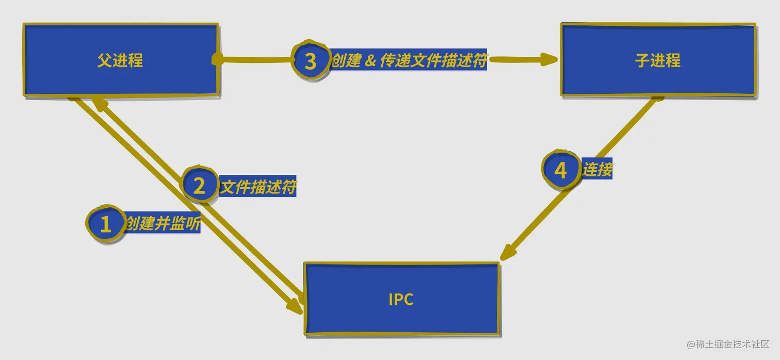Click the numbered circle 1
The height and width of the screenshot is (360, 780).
click(105, 224)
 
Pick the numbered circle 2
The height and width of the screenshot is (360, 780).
click(199, 186)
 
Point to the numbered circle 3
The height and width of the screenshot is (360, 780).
click(310, 61)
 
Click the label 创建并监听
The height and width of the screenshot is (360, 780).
click(163, 224)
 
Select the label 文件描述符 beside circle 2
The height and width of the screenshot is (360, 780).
click(258, 186)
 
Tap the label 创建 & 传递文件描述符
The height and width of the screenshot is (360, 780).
click(409, 61)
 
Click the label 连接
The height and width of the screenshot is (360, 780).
click(597, 169)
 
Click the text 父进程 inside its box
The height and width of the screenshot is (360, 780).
click(120, 61)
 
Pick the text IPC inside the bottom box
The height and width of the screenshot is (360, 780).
click(401, 300)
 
